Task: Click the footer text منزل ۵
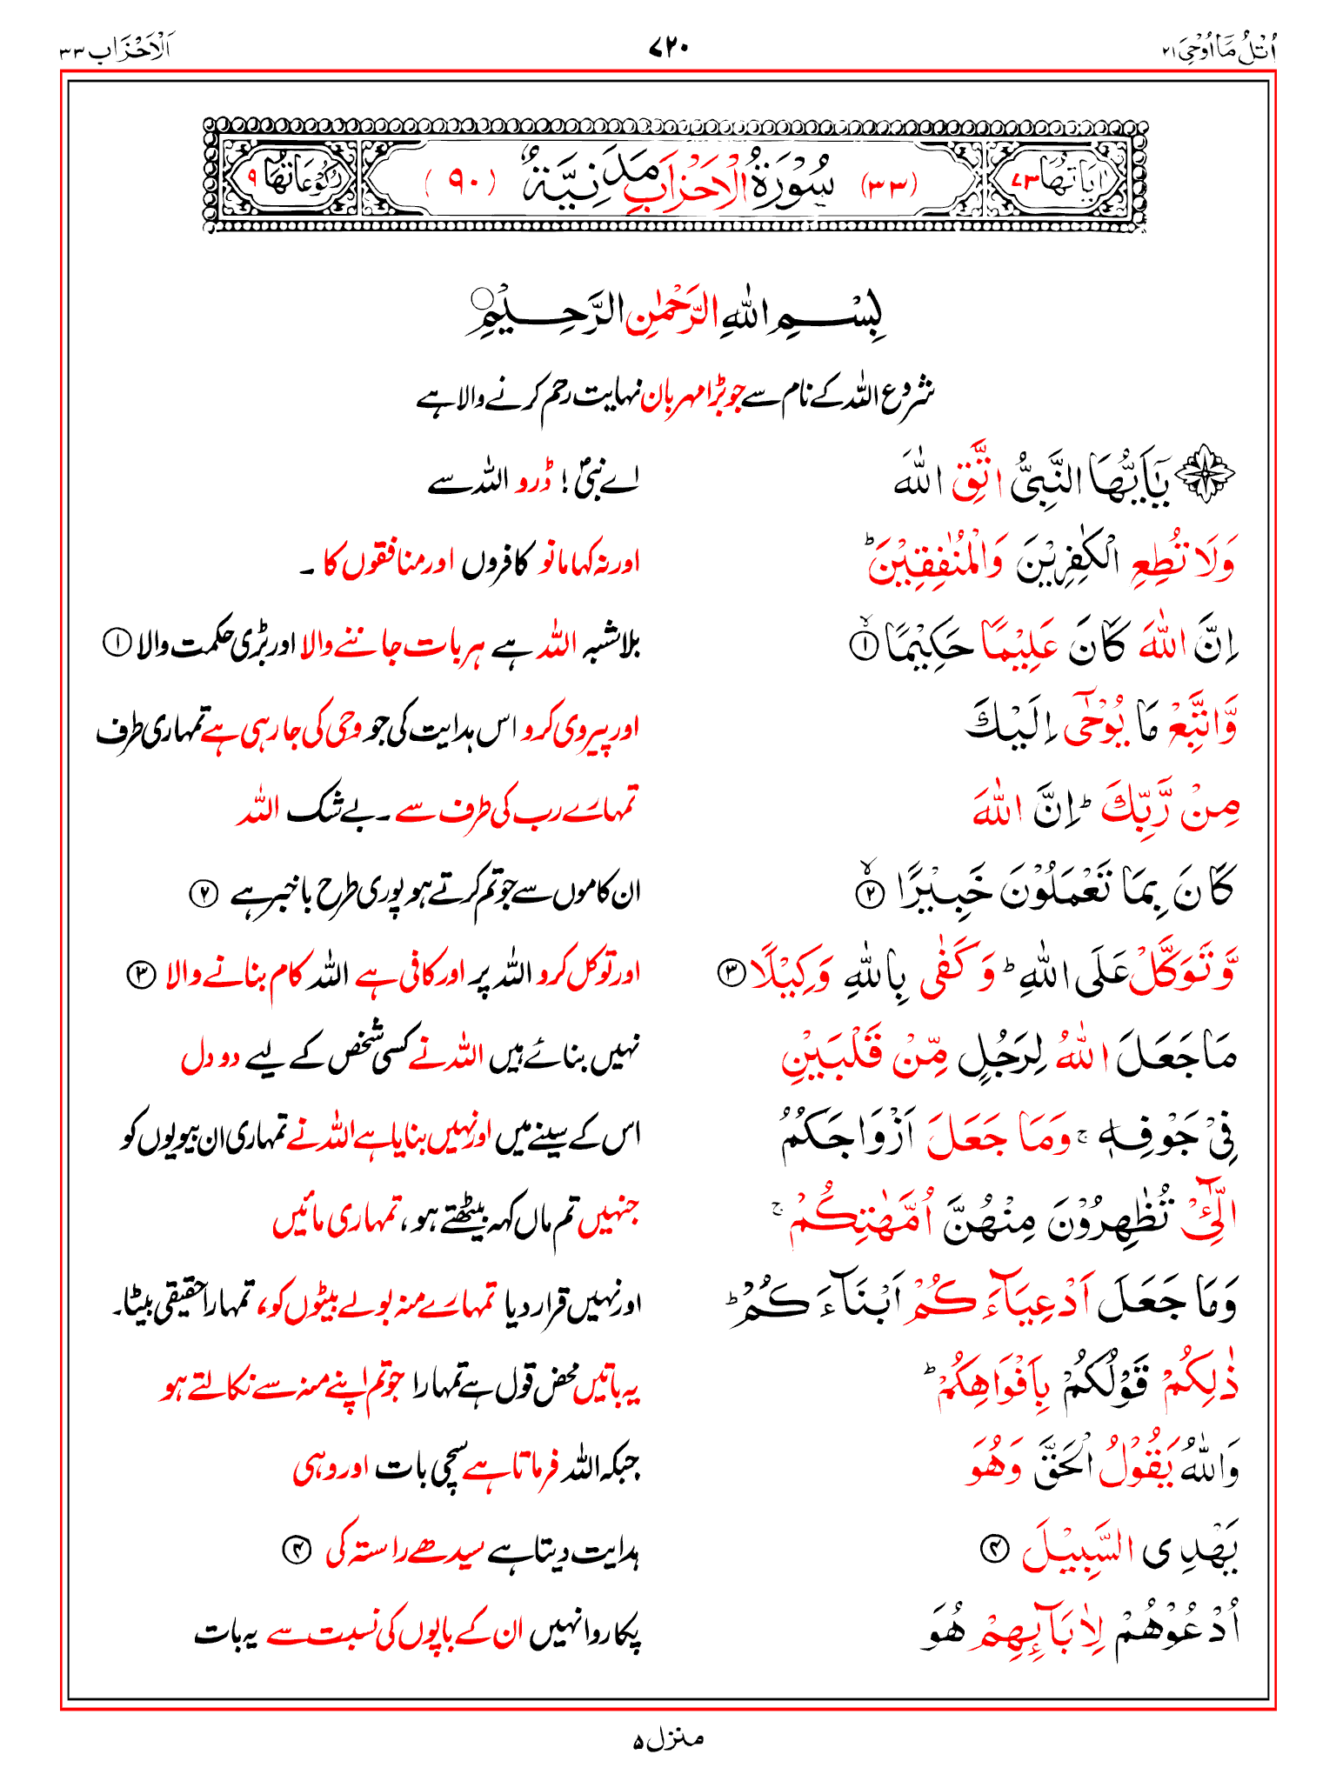coord(668,1740)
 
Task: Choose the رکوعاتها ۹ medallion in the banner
coord(287,178)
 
